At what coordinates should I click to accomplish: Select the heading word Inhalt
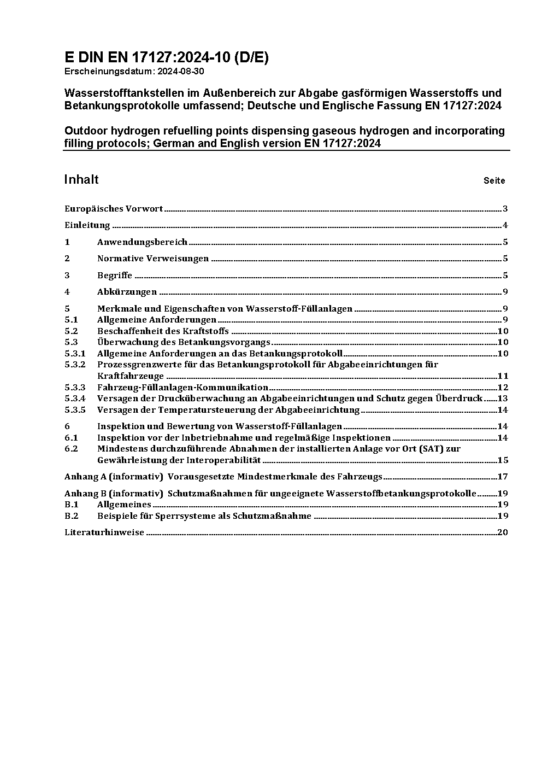click(81, 180)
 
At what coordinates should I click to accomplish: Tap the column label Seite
click(494, 180)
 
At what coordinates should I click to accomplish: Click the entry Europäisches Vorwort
click(114, 208)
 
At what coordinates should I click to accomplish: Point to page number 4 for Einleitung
click(505, 225)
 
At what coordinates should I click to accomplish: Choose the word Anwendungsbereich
click(142, 242)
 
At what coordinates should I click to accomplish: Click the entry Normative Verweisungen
click(153, 259)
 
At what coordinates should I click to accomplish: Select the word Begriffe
click(115, 275)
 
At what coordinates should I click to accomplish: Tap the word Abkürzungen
click(127, 292)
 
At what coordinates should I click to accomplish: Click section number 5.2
click(71, 331)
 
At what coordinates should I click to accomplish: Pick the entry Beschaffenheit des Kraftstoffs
click(163, 331)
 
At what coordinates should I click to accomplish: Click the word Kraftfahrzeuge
click(131, 376)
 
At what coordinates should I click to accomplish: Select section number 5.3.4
click(75, 398)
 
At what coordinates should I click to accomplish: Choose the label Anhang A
click(81, 476)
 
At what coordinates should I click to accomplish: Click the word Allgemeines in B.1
click(124, 504)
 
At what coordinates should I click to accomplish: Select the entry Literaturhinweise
click(104, 532)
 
